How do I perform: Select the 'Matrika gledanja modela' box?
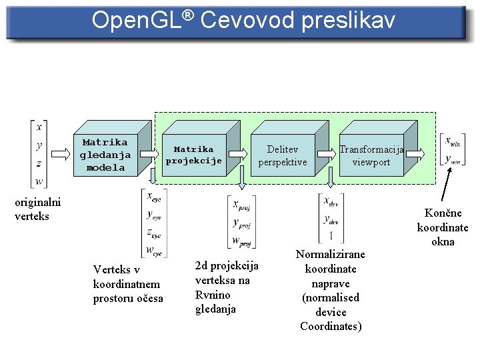click(x=105, y=155)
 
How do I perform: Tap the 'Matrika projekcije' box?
click(x=193, y=155)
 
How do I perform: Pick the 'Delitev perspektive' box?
click(x=283, y=155)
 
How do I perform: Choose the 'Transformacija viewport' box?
click(x=371, y=155)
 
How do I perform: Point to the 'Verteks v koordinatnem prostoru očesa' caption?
click(x=127, y=284)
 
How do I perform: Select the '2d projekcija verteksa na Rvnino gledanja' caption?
click(x=227, y=287)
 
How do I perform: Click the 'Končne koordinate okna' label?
click(x=443, y=227)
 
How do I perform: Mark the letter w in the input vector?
click(x=39, y=181)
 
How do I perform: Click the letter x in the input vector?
click(x=39, y=126)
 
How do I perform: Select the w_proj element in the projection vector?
click(x=241, y=241)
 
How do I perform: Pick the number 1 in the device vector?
click(x=331, y=236)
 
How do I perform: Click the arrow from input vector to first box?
click(x=59, y=153)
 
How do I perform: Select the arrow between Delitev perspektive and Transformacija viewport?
click(x=326, y=153)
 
